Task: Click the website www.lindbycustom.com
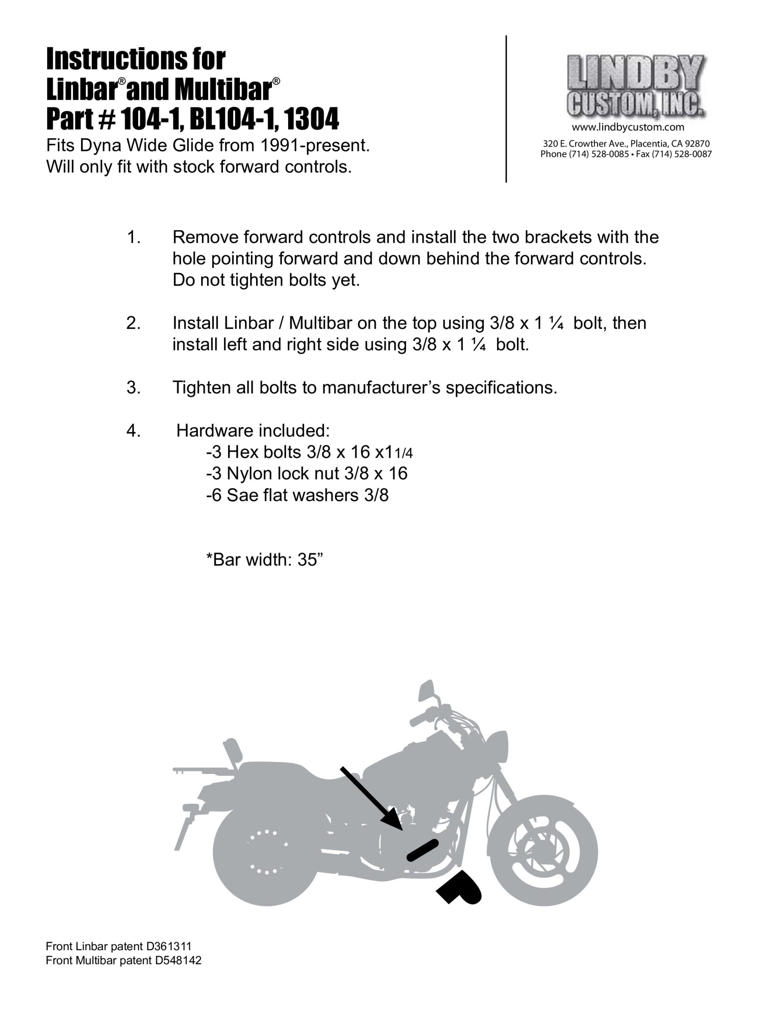[x=628, y=127]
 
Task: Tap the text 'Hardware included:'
[x=253, y=431]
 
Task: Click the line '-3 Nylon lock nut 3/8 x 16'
[x=307, y=473]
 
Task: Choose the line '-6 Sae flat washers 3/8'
[x=297, y=495]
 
